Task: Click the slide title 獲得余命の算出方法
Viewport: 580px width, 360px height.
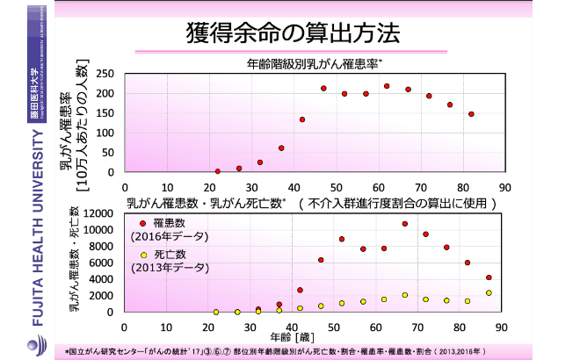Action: [x=293, y=33]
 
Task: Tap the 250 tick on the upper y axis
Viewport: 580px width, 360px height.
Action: [x=105, y=75]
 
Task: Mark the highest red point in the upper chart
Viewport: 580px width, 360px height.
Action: [x=387, y=86]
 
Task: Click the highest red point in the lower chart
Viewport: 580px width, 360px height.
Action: [x=405, y=224]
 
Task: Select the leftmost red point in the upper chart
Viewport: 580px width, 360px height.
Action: [x=218, y=171]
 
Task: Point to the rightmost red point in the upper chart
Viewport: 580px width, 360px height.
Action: [x=471, y=114]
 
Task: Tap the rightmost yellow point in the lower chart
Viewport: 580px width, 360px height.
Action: [x=489, y=293]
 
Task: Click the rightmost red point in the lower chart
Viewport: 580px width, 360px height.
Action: [x=489, y=277]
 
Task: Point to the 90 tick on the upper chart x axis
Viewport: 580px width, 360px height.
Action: [x=504, y=187]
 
